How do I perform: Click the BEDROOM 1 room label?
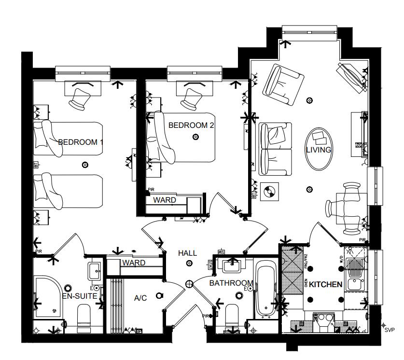pos(81,142)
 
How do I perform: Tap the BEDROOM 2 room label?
pos(191,125)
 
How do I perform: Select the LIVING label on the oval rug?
pos(319,150)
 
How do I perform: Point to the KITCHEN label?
pos(325,284)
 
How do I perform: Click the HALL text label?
pos(187,253)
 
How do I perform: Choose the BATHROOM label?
pos(231,283)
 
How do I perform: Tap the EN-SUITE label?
pos(80,296)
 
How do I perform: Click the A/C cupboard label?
pos(140,298)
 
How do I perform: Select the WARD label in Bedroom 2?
pos(165,200)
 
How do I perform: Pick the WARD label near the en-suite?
pos(134,263)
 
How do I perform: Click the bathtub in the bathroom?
pos(265,290)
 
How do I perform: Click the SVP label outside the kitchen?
pos(390,331)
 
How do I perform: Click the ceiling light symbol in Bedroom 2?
pos(195,137)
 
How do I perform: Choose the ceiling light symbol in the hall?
pos(189,263)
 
